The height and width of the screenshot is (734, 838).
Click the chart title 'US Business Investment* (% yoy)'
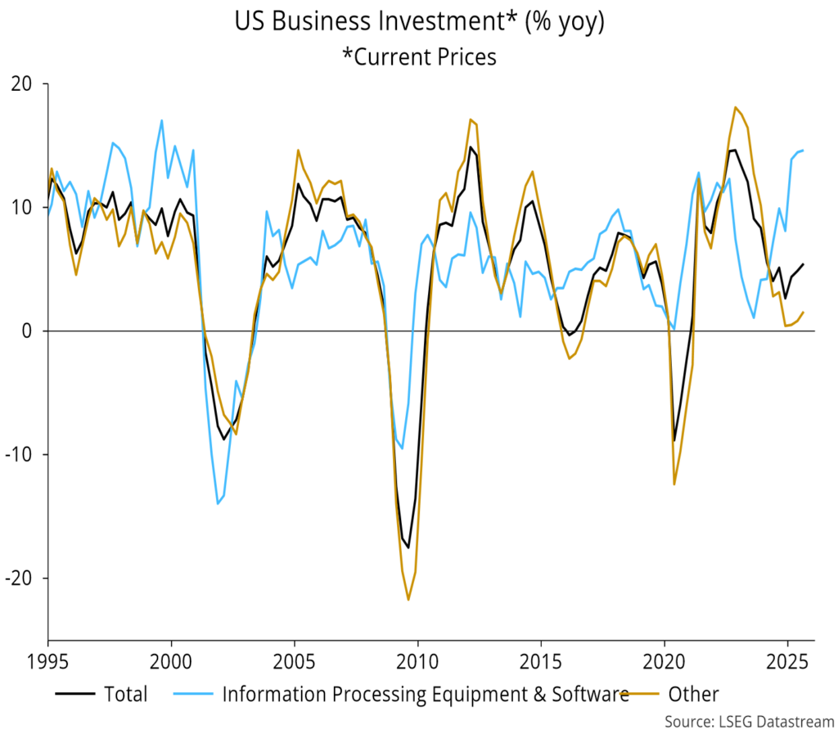[x=419, y=22]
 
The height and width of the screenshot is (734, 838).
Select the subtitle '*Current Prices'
[x=419, y=56]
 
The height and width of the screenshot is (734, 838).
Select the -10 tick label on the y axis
[x=23, y=455]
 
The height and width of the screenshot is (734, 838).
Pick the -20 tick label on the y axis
[x=23, y=579]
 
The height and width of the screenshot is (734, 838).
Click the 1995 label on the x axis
[x=48, y=659]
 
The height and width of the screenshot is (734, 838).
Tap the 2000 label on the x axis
[x=171, y=659]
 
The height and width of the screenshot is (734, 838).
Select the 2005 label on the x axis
[x=295, y=659]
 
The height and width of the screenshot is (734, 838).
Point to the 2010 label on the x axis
[x=418, y=659]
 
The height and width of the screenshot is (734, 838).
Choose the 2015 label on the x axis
[x=541, y=659]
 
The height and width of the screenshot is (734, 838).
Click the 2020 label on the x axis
[x=665, y=659]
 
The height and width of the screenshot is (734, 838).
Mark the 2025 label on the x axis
[x=787, y=659]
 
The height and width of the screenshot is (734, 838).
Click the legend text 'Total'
[x=126, y=695]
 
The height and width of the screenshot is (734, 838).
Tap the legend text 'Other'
[x=693, y=695]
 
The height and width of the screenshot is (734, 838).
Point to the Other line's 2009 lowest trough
[x=408, y=600]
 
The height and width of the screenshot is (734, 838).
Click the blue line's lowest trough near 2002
[x=218, y=503]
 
